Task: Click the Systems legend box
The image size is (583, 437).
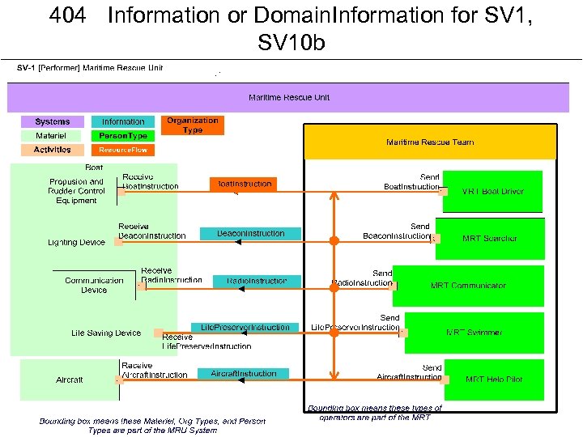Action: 53,122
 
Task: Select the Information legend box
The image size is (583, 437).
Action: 123,122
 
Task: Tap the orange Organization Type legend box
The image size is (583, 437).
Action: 193,125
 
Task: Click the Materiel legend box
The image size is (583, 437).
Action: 53,136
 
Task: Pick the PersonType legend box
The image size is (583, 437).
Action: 123,136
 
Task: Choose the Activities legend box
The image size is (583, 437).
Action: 53,150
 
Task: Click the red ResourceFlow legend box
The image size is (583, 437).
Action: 123,150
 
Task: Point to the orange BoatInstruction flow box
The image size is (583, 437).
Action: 243,185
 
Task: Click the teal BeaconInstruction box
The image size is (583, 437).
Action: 250,234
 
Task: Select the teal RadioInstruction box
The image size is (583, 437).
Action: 257,281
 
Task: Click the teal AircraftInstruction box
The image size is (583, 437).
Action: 244,374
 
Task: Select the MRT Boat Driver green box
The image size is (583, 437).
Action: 493,192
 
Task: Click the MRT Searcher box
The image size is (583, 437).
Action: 490,239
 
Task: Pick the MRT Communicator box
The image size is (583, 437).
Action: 468,286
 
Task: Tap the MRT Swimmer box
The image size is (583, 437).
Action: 474,333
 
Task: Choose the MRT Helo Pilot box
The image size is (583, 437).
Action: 494,380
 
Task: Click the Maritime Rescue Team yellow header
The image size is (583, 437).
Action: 430,142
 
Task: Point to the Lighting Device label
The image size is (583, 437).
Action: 76,242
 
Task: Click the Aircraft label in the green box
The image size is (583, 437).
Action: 70,380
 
